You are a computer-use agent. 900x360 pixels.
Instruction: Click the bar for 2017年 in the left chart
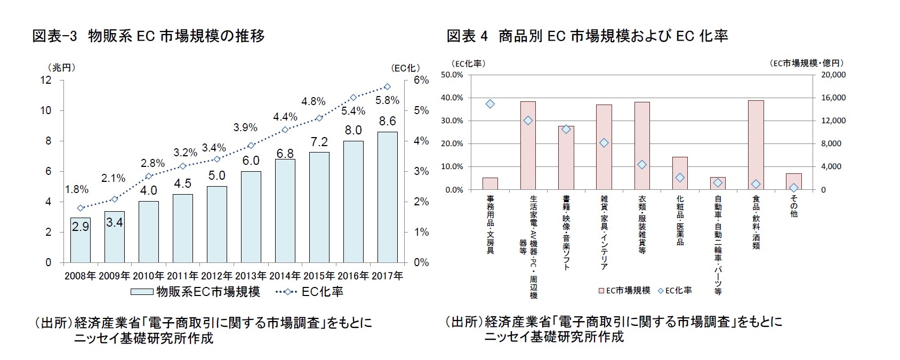pos(387,197)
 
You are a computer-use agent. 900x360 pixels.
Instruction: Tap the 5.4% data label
pos(353,111)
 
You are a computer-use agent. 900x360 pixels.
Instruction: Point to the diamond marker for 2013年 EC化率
pos(251,145)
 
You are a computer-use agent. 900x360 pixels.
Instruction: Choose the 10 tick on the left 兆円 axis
pos(47,110)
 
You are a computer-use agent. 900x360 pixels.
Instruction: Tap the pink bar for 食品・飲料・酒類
pos(756,145)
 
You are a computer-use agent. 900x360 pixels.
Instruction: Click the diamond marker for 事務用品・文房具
pos(490,104)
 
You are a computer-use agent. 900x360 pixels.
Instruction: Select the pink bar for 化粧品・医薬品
pos(680,173)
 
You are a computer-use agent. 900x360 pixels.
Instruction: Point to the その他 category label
pos(794,206)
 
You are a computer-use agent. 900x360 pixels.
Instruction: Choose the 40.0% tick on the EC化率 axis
pos(452,98)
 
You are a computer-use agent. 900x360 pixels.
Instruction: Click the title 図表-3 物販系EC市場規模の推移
pos(149,36)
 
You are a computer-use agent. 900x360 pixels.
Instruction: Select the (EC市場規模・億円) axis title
pos(807,63)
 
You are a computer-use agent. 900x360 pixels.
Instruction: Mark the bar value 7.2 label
pos(319,142)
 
